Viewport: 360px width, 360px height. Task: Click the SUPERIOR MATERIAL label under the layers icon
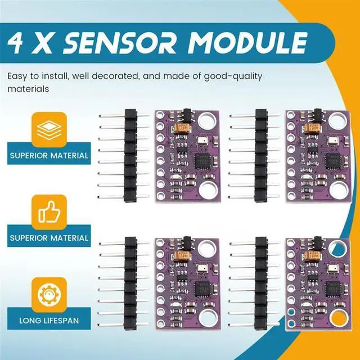pos(48,155)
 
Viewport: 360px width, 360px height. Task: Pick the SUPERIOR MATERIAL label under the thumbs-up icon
pos(48,238)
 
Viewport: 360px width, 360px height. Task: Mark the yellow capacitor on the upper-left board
pos(182,129)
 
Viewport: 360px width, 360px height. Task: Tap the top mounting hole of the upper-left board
pos(206,120)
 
